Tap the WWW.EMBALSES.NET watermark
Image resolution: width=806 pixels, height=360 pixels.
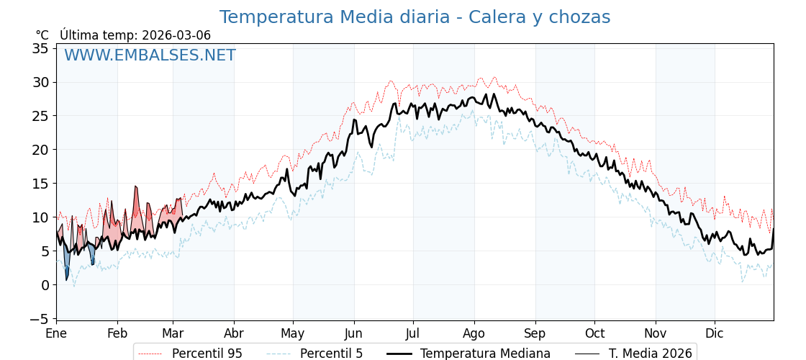coord(150,55)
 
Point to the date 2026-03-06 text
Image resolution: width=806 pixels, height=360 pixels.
coord(176,35)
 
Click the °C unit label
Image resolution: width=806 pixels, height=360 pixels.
coord(42,35)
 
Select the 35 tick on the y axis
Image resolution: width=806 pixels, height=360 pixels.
coord(40,48)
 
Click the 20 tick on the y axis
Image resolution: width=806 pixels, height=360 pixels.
coord(40,150)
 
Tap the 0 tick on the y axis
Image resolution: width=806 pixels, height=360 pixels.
coord(45,285)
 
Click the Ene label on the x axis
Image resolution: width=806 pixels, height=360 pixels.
coord(56,334)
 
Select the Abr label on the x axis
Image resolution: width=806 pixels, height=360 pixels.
coord(234,334)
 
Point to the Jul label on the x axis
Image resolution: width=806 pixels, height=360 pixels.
coord(413,334)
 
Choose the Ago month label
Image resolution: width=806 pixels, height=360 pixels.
coord(474,334)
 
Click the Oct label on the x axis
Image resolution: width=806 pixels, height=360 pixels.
coord(594,334)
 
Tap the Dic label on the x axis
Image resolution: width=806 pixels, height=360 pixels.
coord(715,334)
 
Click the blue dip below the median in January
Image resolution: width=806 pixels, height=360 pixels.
coord(66,264)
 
